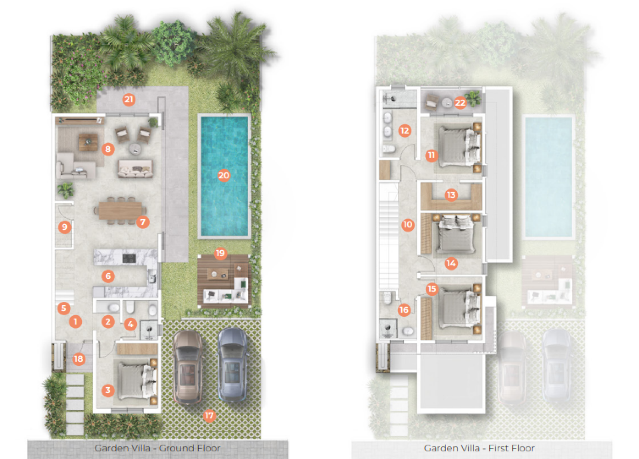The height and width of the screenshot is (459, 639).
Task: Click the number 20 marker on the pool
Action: pos(224,175)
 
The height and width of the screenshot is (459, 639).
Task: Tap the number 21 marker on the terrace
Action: pos(129,99)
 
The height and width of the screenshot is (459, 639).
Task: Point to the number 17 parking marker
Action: pos(209,415)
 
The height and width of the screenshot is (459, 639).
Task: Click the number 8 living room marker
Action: pos(108,149)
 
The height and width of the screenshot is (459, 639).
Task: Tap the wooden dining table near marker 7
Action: pos(120,210)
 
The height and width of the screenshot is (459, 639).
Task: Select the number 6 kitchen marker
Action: pos(108,276)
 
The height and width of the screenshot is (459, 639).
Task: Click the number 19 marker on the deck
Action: pos(220,253)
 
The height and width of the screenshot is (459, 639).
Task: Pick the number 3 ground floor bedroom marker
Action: pos(107,390)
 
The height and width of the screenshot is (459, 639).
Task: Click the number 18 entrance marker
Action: pos(78,359)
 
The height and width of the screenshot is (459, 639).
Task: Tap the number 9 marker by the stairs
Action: pos(64,227)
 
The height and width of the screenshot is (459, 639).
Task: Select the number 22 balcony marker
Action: pos(460,103)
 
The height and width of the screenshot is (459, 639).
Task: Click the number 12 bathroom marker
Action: pos(405,131)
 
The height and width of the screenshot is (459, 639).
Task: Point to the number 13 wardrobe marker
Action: pos(451,195)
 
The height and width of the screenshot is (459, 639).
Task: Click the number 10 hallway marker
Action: pos(407,224)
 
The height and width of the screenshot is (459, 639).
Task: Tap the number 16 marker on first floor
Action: pos(404,310)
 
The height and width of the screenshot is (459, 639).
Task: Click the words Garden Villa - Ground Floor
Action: pos(157,448)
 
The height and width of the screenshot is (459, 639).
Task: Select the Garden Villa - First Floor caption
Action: pos(479,448)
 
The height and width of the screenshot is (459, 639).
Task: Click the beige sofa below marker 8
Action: pos(135,168)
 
